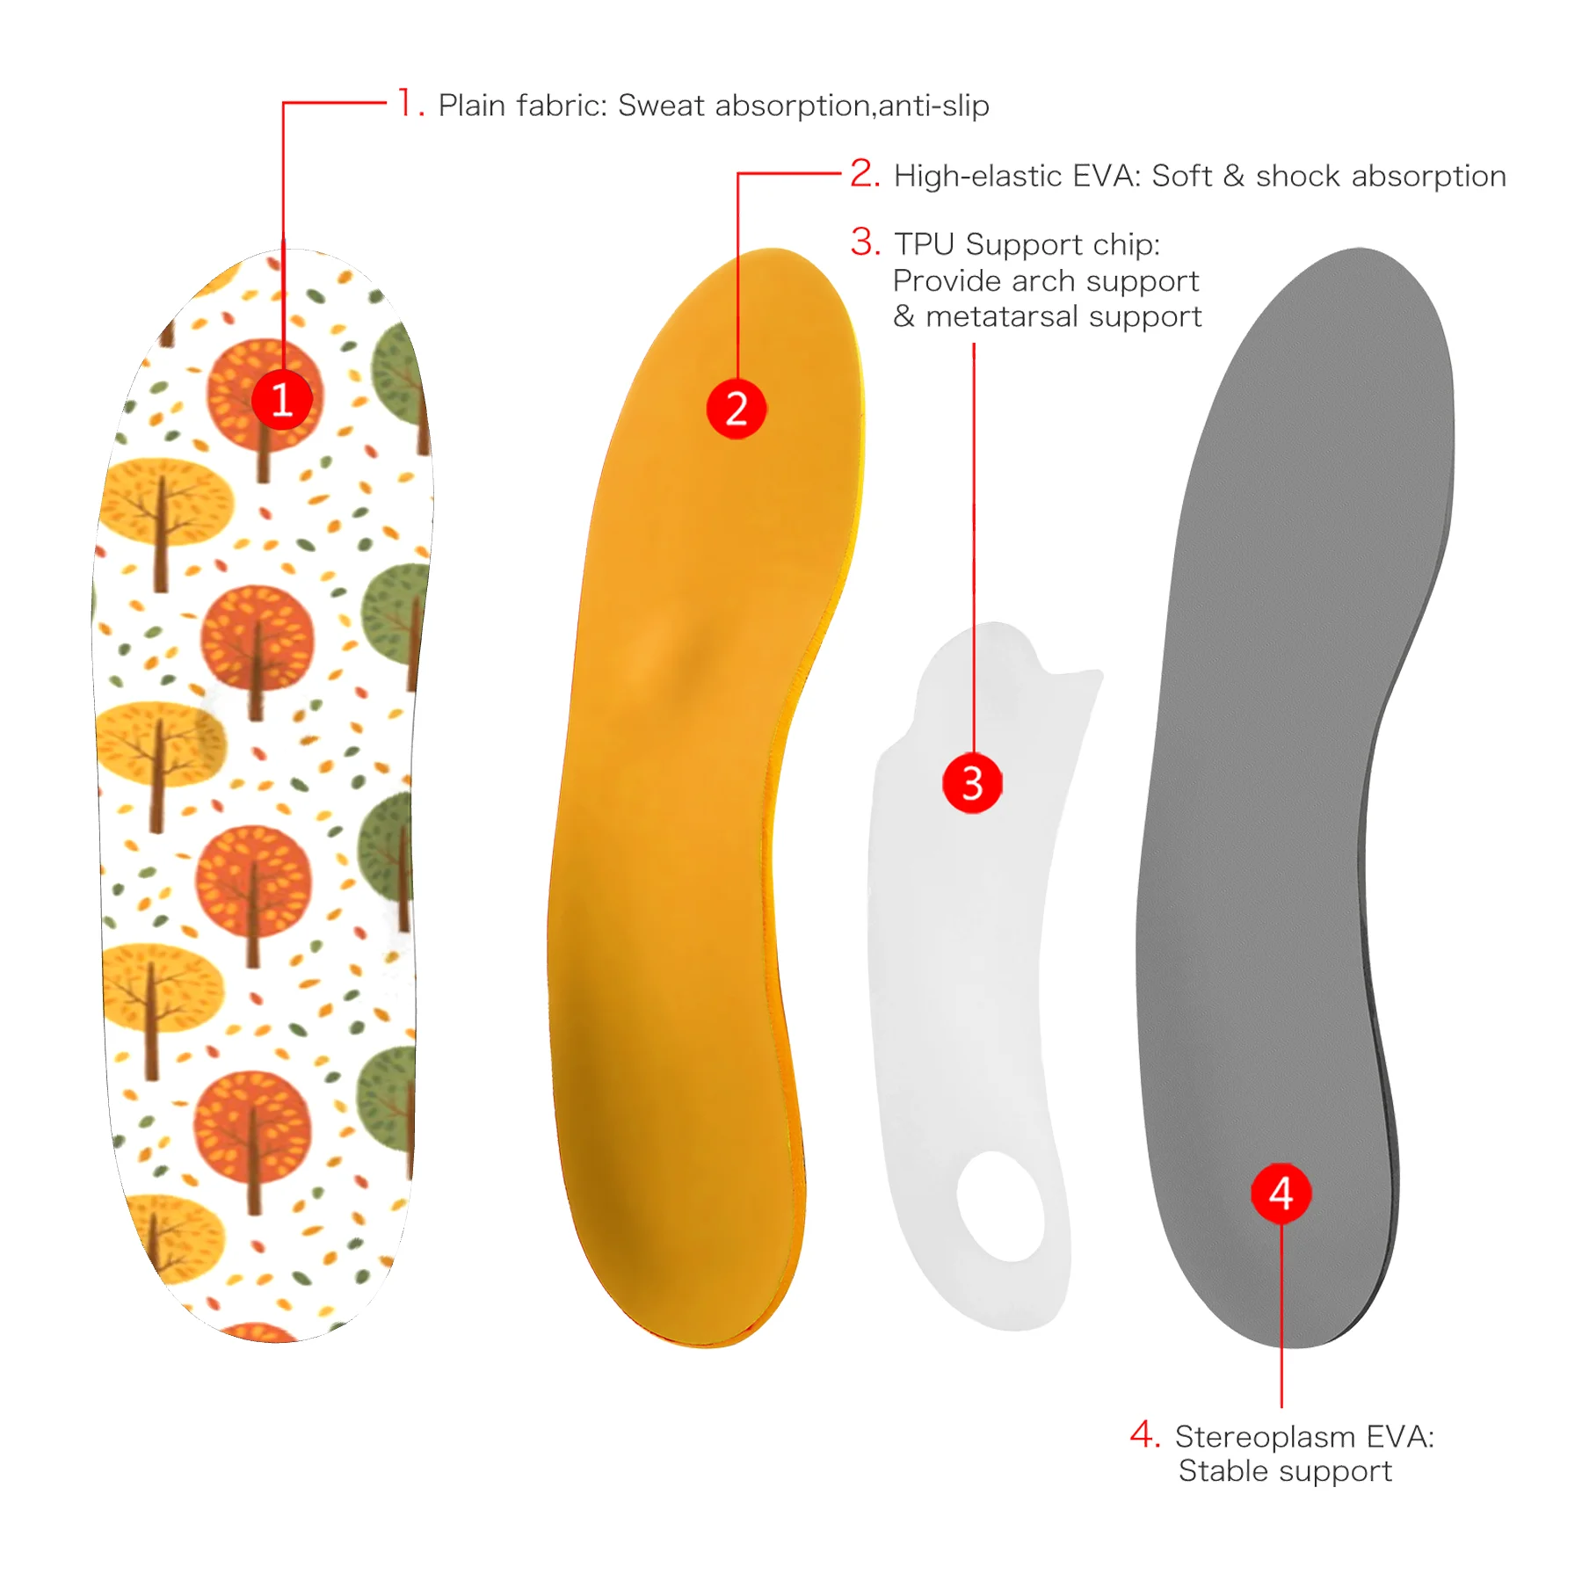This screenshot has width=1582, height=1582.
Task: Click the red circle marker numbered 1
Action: click(282, 400)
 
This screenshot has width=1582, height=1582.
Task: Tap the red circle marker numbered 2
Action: click(737, 409)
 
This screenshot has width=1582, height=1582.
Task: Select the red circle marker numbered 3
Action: click(972, 782)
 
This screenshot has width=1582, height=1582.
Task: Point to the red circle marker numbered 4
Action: click(1281, 1194)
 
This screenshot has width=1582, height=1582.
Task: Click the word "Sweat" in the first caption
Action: click(661, 105)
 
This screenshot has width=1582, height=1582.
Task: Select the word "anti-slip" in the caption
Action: click(933, 105)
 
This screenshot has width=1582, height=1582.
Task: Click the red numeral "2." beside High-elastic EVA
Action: click(865, 174)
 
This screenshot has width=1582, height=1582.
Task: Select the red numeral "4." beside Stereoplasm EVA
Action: click(1144, 1435)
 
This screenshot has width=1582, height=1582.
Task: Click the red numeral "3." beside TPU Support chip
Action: click(865, 243)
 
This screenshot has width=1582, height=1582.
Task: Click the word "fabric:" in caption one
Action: click(562, 105)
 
